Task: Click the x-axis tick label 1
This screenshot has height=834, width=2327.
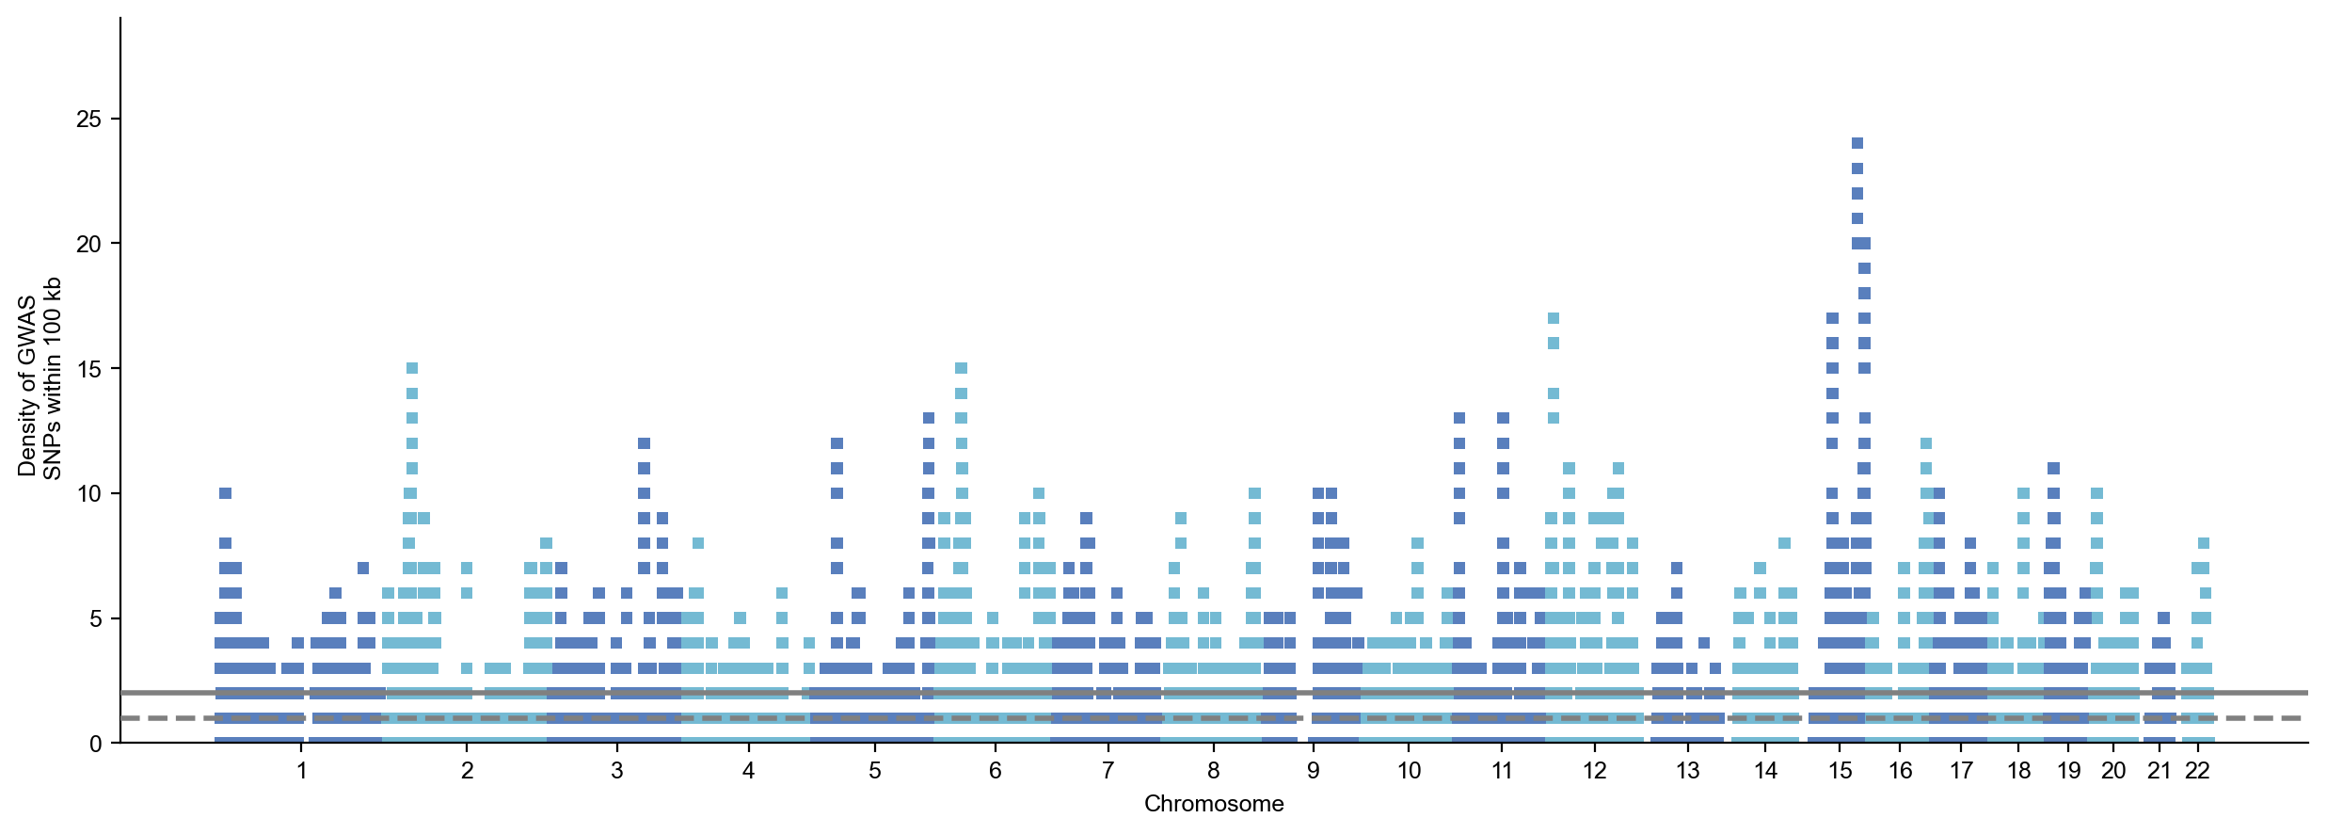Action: pyautogui.click(x=301, y=771)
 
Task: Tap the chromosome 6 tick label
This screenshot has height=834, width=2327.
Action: pyautogui.click(x=995, y=771)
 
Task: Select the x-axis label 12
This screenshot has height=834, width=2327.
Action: pyautogui.click(x=1594, y=771)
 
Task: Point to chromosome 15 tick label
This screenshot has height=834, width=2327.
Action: pyautogui.click(x=1840, y=771)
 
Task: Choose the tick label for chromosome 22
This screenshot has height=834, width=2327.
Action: pyautogui.click(x=2197, y=771)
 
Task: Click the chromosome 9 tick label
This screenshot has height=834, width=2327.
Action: pyautogui.click(x=1313, y=771)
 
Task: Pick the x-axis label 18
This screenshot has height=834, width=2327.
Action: pyautogui.click(x=2018, y=771)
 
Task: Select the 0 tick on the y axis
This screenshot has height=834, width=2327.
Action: pyautogui.click(x=95, y=744)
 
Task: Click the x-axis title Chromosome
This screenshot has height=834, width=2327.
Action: pyautogui.click(x=1214, y=804)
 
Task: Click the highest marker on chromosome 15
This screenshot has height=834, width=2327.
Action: pyautogui.click(x=1857, y=144)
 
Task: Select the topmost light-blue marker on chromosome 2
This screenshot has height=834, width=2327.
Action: pyautogui.click(x=411, y=368)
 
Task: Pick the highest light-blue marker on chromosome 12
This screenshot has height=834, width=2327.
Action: pyautogui.click(x=1553, y=318)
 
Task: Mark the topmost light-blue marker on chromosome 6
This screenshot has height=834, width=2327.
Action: pyautogui.click(x=961, y=368)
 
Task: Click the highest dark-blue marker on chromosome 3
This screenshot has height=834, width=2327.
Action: pyautogui.click(x=644, y=443)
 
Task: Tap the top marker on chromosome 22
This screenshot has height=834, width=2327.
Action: pyautogui.click(x=2203, y=543)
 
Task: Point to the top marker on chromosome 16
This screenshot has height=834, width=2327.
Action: pyautogui.click(x=1925, y=443)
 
